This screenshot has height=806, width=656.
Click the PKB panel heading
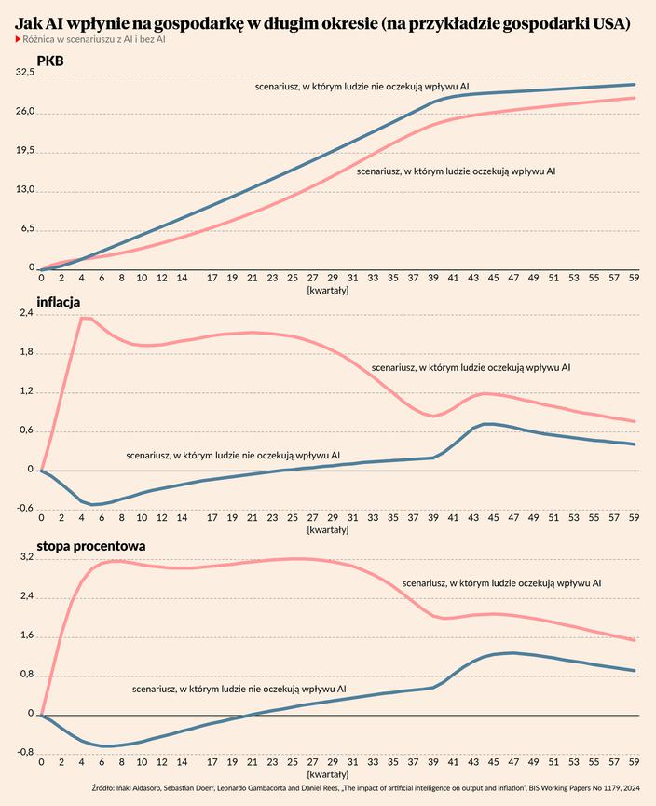point(49,61)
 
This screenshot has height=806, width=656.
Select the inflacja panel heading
point(58,302)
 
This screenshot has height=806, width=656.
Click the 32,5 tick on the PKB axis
point(23,74)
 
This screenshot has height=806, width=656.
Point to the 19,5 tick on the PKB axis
point(23,151)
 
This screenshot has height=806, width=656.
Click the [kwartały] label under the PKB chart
point(327,290)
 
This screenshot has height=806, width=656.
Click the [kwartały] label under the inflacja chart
point(327,529)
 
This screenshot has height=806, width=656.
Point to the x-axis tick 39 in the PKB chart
point(432,278)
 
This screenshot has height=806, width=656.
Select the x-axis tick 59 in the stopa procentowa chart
point(634,760)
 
